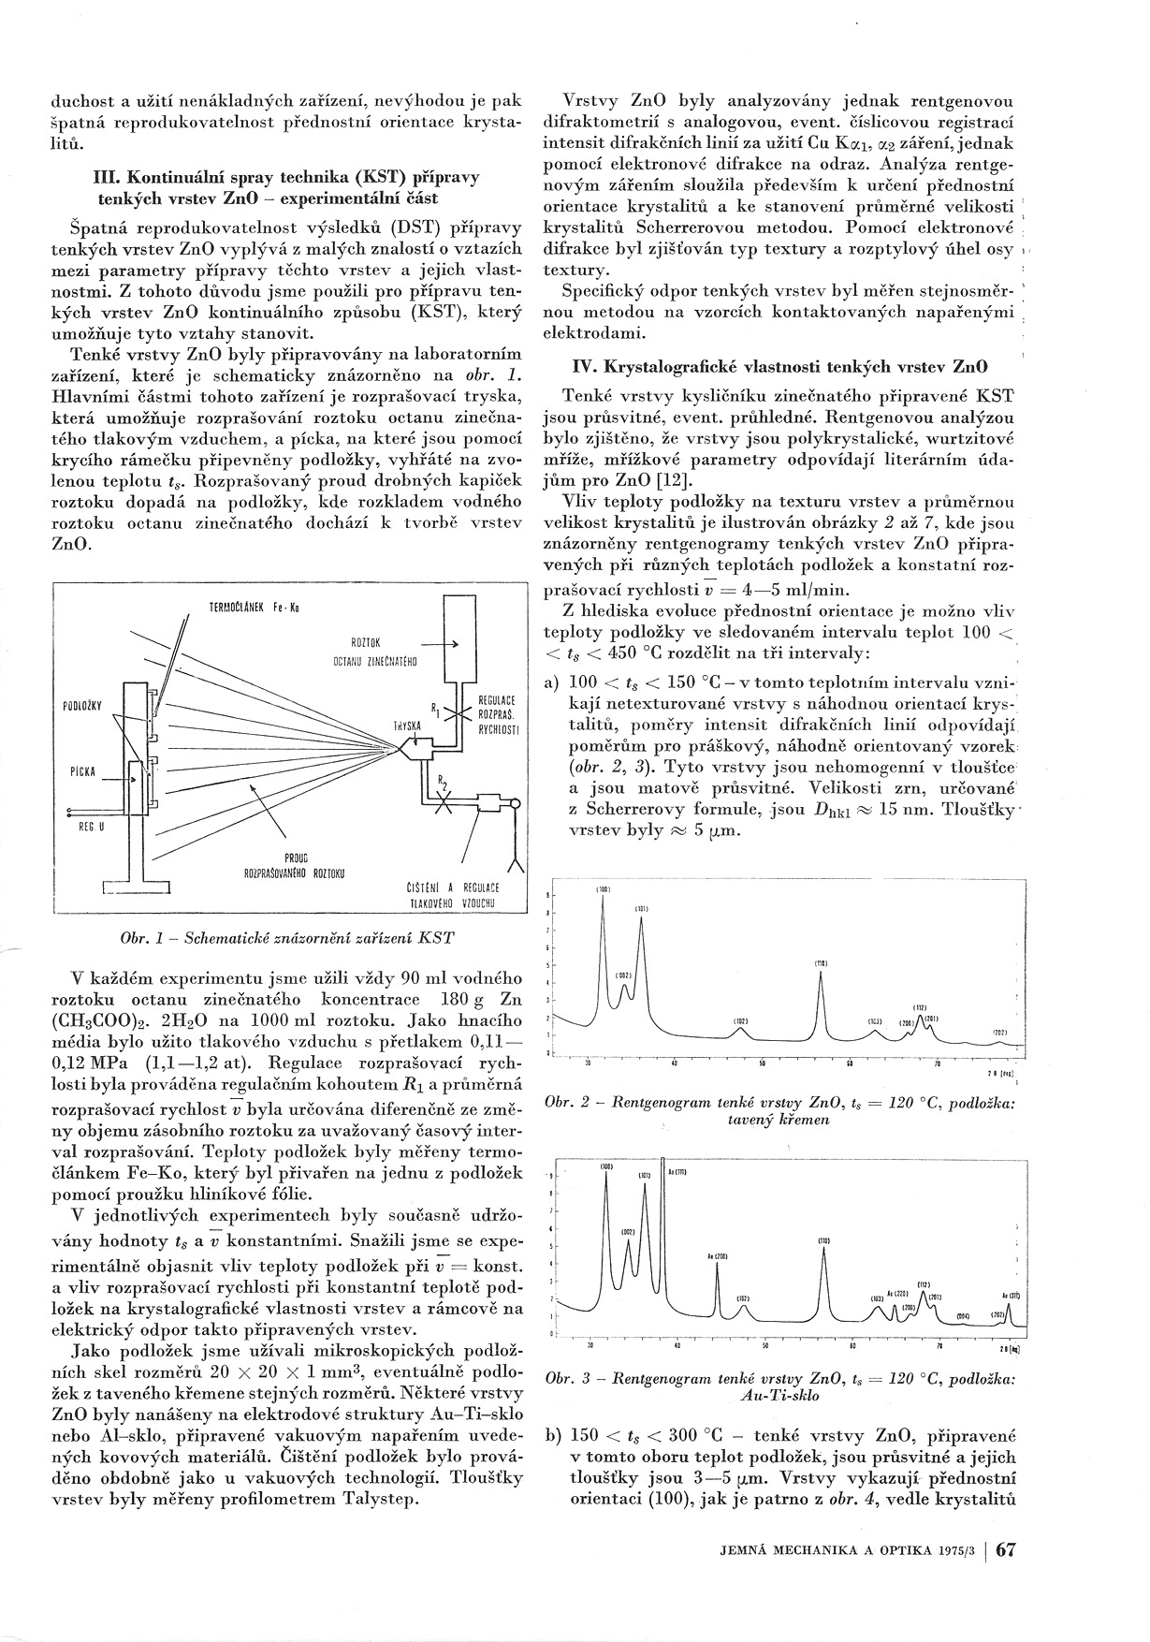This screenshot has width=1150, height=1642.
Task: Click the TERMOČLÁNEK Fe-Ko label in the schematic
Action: point(253,608)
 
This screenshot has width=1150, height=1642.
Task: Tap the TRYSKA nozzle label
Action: point(408,726)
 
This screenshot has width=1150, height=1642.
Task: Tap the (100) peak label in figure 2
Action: point(603,888)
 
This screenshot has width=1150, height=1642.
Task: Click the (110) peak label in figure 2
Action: point(820,962)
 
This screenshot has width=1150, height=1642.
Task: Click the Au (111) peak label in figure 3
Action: point(677,1172)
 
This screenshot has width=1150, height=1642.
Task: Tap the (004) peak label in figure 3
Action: point(964,1315)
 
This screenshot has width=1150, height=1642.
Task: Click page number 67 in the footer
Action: point(1006,1576)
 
